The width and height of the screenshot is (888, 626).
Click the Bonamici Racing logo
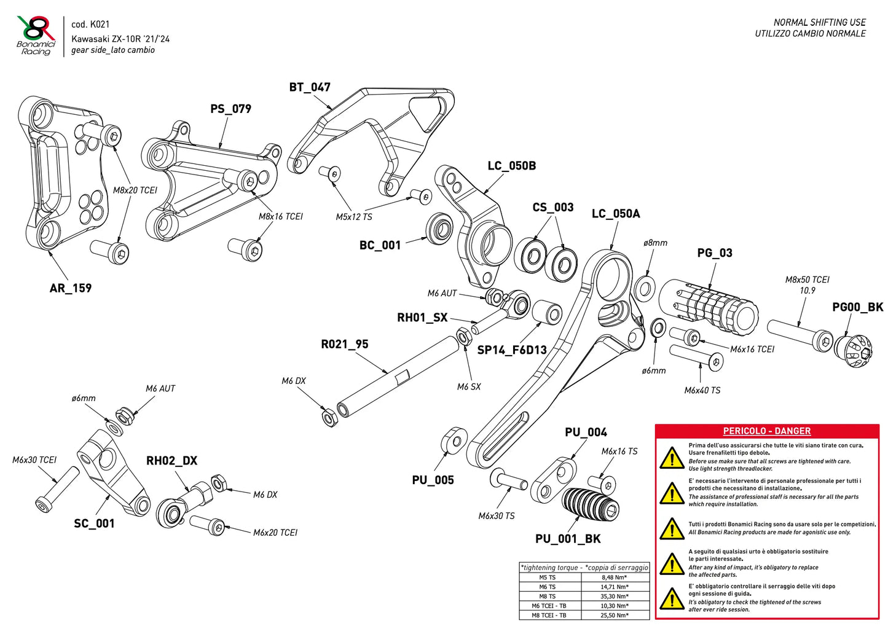(x=36, y=36)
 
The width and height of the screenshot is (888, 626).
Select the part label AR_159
(x=71, y=288)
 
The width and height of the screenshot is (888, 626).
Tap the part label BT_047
(x=310, y=87)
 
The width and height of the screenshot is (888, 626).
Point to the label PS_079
(x=230, y=109)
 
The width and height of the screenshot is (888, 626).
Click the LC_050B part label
(x=511, y=166)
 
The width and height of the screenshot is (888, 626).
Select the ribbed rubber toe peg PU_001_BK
(x=591, y=505)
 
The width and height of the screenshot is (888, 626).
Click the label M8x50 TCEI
(x=807, y=280)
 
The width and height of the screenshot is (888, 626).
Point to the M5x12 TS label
(x=354, y=217)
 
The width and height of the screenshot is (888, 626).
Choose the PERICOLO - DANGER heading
(x=766, y=431)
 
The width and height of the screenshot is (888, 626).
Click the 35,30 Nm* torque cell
(x=614, y=596)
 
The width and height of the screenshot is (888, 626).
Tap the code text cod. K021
(x=90, y=25)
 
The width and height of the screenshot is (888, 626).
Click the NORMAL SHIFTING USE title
(x=819, y=22)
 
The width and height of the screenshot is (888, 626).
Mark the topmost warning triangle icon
(x=672, y=458)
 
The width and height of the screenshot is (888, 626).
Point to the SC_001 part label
(x=94, y=523)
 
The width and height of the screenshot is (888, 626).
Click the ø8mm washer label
(x=655, y=243)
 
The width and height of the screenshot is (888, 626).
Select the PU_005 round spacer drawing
(x=454, y=442)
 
